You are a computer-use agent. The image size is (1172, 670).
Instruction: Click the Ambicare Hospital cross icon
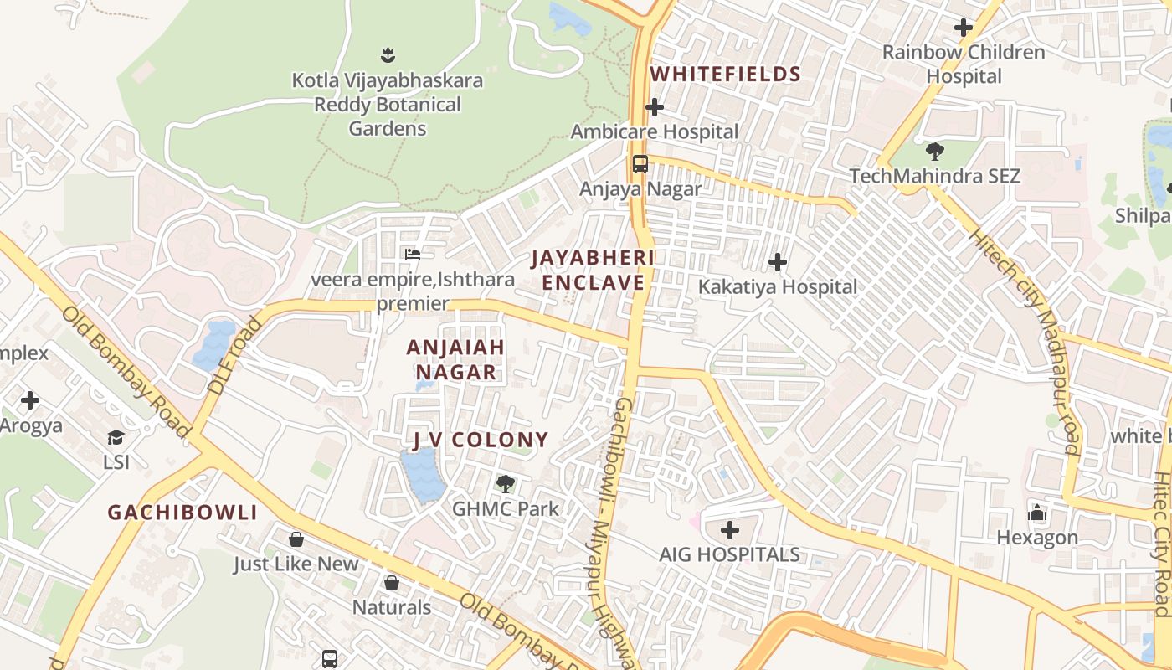point(655,107)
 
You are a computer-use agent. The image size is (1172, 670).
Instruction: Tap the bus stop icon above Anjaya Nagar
point(640,164)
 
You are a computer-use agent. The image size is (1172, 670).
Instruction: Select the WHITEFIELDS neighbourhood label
point(726,75)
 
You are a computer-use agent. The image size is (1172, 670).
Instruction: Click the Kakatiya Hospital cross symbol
point(778,262)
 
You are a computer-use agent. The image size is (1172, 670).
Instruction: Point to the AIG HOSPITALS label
point(729,554)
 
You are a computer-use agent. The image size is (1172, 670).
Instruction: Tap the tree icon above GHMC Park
point(505,483)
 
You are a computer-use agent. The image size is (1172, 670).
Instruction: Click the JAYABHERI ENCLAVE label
point(593,270)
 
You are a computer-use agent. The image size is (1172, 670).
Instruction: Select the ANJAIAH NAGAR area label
point(456,359)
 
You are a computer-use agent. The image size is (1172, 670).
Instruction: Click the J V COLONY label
point(481,440)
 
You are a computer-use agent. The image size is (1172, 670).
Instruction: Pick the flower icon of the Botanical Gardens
point(387,55)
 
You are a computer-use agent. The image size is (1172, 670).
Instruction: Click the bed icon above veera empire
point(412,254)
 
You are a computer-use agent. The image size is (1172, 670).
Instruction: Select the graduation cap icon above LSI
point(116,437)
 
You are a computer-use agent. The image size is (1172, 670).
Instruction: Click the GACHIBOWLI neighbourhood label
point(182,513)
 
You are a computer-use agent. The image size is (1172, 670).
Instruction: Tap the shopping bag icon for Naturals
point(391,583)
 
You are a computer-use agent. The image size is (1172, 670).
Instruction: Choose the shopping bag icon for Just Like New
point(296,539)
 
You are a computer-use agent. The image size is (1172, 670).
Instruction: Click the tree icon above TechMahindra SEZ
point(934,152)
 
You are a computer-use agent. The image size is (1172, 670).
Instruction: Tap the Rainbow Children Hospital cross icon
point(964,28)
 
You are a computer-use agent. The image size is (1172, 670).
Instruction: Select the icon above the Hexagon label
point(1037,512)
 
